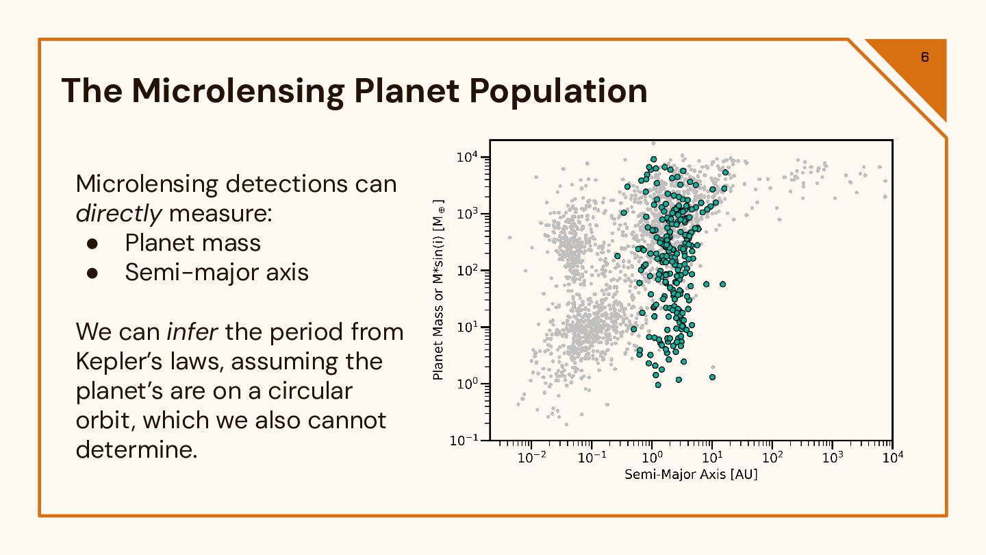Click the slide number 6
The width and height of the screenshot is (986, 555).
click(x=924, y=57)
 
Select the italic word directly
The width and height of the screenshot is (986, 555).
click(x=118, y=214)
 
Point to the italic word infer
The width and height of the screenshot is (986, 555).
click(x=192, y=332)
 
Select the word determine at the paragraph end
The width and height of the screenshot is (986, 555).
click(x=136, y=449)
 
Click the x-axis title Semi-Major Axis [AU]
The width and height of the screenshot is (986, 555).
click(x=691, y=475)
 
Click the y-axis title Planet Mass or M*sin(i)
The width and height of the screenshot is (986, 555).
click(x=439, y=291)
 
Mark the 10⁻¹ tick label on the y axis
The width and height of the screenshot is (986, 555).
click(x=464, y=441)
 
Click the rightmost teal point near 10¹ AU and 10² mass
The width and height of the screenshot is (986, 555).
click(x=722, y=284)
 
